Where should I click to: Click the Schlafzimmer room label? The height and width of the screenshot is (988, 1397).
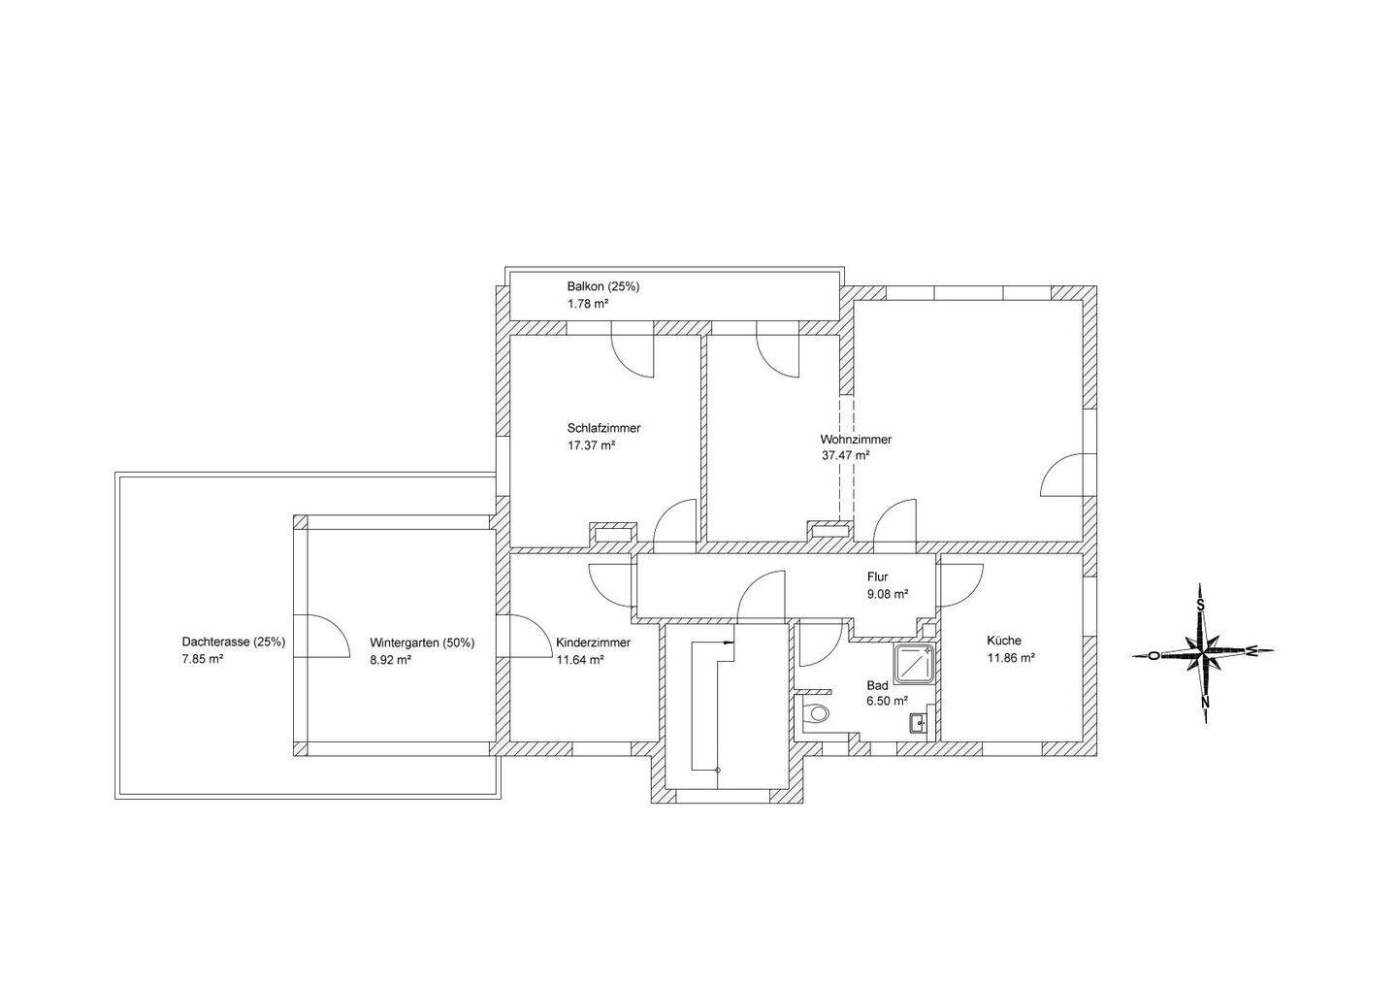tap(603, 428)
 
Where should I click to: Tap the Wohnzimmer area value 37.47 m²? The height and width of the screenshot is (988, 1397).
tap(845, 455)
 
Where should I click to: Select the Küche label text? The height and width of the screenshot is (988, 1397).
tap(1004, 641)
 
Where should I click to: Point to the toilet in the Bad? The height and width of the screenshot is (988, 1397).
tap(819, 714)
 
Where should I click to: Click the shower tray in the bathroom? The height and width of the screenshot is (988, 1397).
tap(915, 664)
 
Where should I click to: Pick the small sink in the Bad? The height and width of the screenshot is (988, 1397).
tap(919, 722)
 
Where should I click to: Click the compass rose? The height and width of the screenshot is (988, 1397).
tap(1203, 653)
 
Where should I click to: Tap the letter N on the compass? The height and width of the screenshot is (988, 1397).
tap(1205, 701)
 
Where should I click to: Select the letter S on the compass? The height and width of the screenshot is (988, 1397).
tap(1201, 606)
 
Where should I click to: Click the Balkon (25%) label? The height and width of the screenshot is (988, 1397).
tap(602, 287)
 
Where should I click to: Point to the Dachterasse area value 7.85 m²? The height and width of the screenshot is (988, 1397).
tap(203, 659)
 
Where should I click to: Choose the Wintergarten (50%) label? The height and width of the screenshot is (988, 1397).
tap(422, 642)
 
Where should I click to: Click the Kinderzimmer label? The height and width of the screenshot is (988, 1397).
tap(593, 642)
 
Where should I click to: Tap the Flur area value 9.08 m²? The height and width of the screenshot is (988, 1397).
tap(888, 594)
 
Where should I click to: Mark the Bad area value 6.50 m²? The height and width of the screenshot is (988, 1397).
tap(887, 701)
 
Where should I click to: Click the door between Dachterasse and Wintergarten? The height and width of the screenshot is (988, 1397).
tap(325, 636)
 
